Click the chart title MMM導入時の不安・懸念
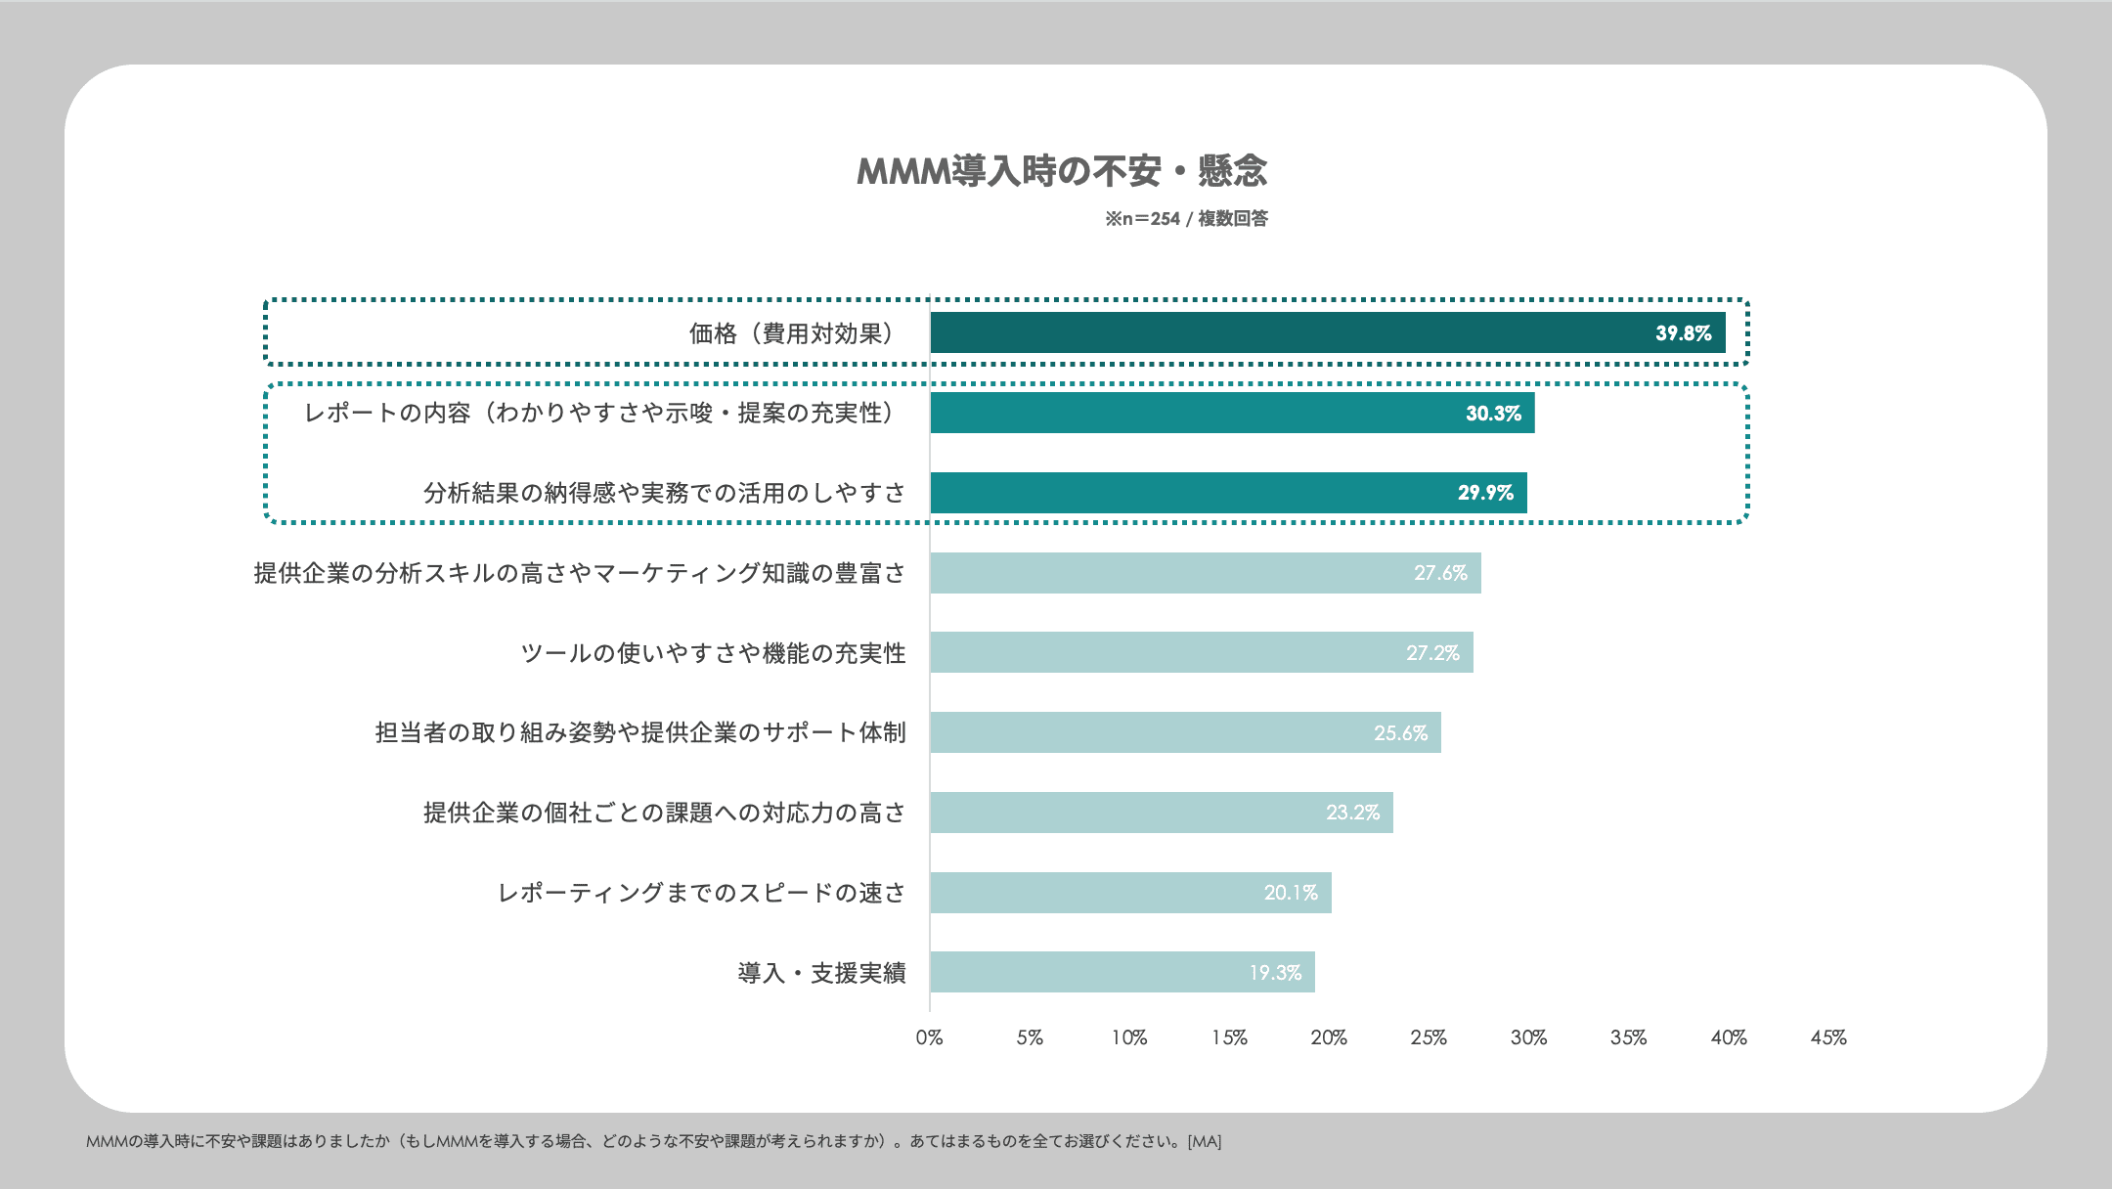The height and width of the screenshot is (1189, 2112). click(1062, 172)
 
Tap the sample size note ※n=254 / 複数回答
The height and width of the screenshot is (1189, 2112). click(1186, 219)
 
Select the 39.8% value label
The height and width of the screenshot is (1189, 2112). click(1683, 333)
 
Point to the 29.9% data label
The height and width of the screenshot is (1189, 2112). click(1485, 493)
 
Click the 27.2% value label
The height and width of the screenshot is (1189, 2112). click(1432, 653)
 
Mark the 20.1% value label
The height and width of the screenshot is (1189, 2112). click(1291, 893)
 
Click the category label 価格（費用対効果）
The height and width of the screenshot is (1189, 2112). click(792, 334)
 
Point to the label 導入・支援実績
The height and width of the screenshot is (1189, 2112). click(821, 973)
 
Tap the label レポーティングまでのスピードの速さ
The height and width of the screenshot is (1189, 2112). click(701, 893)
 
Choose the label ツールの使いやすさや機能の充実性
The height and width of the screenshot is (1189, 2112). click(713, 653)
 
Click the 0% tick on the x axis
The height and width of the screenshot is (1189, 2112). click(929, 1037)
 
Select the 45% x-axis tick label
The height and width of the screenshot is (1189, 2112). click(1827, 1037)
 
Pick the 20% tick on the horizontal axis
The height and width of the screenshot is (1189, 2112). click(1329, 1037)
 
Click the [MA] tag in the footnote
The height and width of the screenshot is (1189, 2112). click(1204, 1141)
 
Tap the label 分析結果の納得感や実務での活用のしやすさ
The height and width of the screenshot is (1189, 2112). click(664, 493)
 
